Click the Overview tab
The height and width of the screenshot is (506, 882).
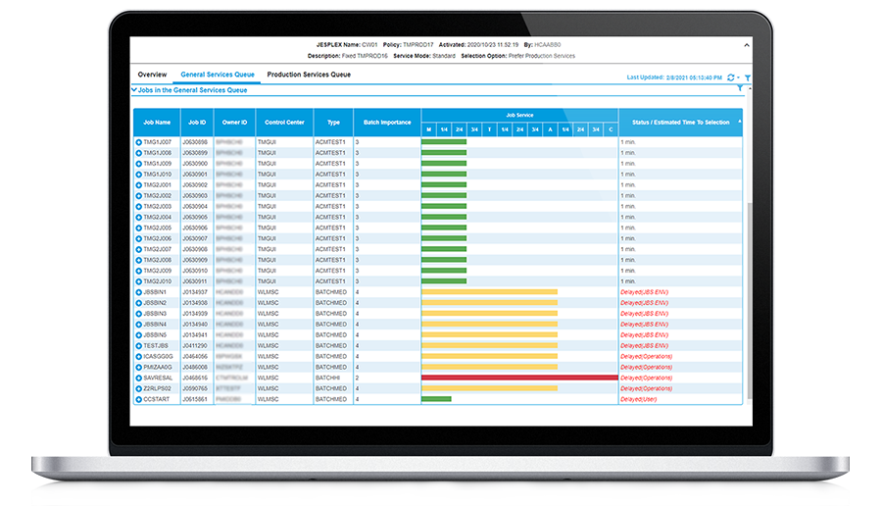152,75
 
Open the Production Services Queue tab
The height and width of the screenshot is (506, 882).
309,75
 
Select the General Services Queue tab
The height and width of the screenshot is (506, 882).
218,75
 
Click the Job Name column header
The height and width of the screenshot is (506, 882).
156,123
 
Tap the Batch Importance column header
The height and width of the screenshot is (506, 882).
386,123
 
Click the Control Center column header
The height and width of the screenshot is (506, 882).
283,123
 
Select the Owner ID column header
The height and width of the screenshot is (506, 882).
234,123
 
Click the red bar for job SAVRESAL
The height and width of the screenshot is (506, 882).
518,378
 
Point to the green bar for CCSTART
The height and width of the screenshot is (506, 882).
436,399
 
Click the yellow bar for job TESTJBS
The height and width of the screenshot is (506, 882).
489,345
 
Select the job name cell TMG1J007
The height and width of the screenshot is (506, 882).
158,142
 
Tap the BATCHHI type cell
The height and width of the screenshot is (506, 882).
330,378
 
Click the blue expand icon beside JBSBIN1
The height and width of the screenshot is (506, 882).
139,292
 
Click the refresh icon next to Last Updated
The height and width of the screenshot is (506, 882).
730,76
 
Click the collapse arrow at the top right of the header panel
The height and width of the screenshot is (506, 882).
748,44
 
